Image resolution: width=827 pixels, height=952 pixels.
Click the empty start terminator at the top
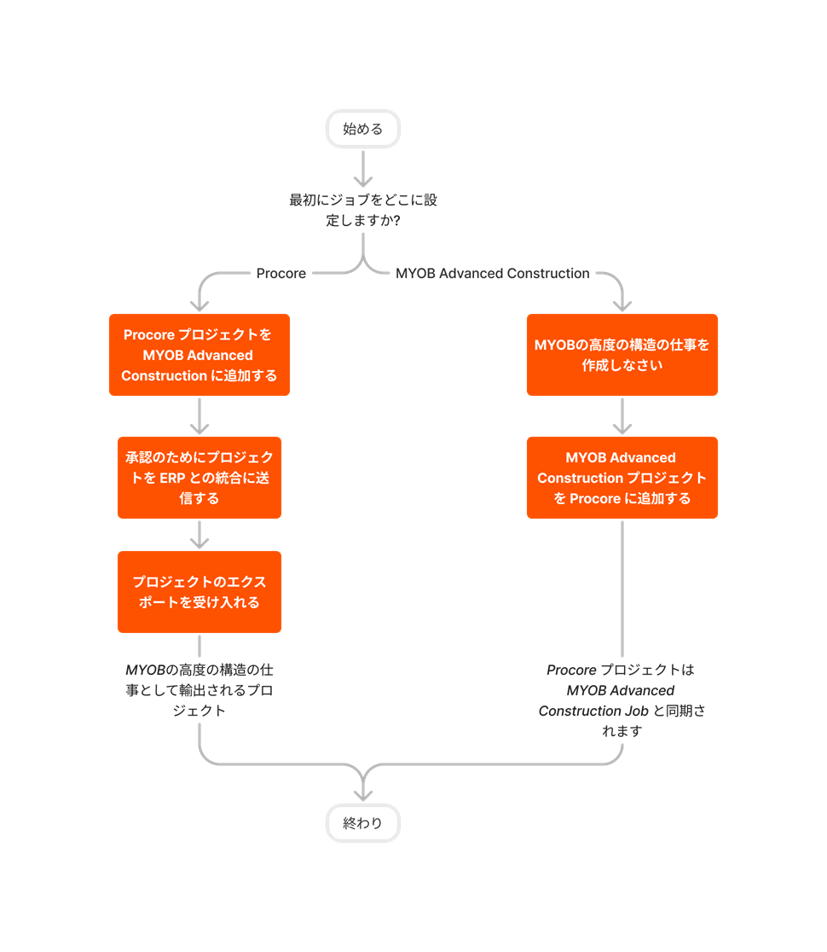tap(363, 129)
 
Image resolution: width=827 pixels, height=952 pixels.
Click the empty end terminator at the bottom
tap(363, 823)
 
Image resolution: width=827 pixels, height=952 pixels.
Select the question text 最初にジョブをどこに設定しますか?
tap(363, 210)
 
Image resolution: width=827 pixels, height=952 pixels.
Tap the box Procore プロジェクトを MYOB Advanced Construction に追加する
tap(200, 355)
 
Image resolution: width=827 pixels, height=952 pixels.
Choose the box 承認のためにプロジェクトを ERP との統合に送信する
tap(200, 478)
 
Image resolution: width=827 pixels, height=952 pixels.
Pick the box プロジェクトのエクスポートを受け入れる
tap(200, 592)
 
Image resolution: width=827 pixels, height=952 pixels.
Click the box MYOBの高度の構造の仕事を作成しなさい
tap(622, 355)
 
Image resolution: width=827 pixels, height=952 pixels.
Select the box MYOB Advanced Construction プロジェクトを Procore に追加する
tap(622, 478)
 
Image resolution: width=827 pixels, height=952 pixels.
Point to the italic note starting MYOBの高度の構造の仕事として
tap(200, 690)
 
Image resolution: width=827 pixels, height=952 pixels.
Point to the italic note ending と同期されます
tap(622, 700)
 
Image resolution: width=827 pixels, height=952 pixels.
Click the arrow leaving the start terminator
tap(363, 169)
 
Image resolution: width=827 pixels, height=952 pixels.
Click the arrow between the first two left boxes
tap(200, 416)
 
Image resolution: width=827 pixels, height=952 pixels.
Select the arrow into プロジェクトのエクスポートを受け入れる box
tap(200, 535)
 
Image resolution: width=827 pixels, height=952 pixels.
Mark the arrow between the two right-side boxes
tap(622, 416)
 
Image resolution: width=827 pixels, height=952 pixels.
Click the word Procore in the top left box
tap(149, 334)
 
